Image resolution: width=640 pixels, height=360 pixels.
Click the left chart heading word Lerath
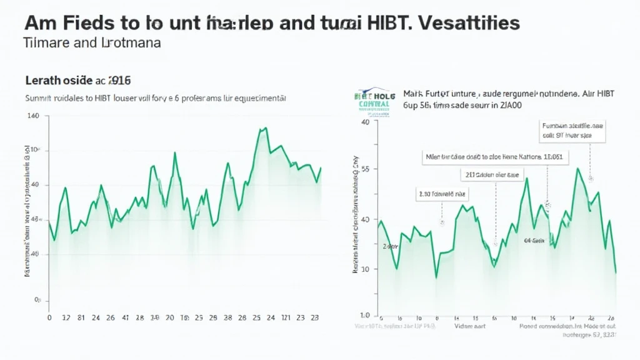click(x=44, y=81)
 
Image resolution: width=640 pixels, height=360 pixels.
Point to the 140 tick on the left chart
click(x=34, y=116)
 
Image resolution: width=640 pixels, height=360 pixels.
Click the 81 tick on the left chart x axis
click(x=81, y=317)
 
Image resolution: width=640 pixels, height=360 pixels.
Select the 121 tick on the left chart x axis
click(x=285, y=317)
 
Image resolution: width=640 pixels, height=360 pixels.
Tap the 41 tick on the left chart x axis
click(x=126, y=317)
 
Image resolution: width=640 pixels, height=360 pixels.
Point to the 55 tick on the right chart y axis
click(x=366, y=169)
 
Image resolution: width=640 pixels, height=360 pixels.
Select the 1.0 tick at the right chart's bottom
click(x=365, y=316)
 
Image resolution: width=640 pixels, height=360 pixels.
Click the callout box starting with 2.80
click(x=442, y=194)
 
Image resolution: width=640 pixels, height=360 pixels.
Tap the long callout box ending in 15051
click(x=492, y=156)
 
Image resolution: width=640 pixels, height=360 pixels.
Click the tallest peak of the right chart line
click(x=578, y=169)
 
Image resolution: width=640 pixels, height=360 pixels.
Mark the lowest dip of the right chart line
click(x=436, y=277)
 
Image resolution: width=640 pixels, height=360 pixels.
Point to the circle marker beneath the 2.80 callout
click(x=442, y=222)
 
